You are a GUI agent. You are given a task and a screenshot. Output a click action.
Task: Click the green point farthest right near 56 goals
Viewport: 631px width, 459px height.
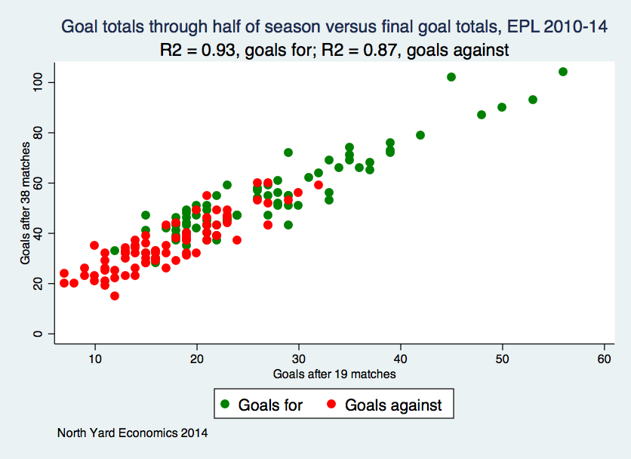click(x=563, y=72)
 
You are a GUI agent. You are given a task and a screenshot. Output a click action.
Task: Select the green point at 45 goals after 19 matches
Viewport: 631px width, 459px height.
click(x=451, y=77)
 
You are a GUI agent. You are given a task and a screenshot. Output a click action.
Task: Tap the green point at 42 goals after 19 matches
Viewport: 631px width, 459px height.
click(x=420, y=135)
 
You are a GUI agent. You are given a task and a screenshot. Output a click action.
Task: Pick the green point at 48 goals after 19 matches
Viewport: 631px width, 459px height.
click(x=482, y=115)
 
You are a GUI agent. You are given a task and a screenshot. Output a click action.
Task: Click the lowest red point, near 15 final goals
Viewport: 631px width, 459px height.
click(x=115, y=296)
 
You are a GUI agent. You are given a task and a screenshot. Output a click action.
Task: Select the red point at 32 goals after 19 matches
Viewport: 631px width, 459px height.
click(x=319, y=185)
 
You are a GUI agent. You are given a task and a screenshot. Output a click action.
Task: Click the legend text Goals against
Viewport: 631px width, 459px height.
click(x=393, y=405)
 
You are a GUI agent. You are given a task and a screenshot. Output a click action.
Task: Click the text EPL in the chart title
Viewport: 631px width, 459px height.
click(x=519, y=28)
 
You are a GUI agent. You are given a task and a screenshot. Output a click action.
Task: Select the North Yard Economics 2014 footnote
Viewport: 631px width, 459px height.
click(x=132, y=433)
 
